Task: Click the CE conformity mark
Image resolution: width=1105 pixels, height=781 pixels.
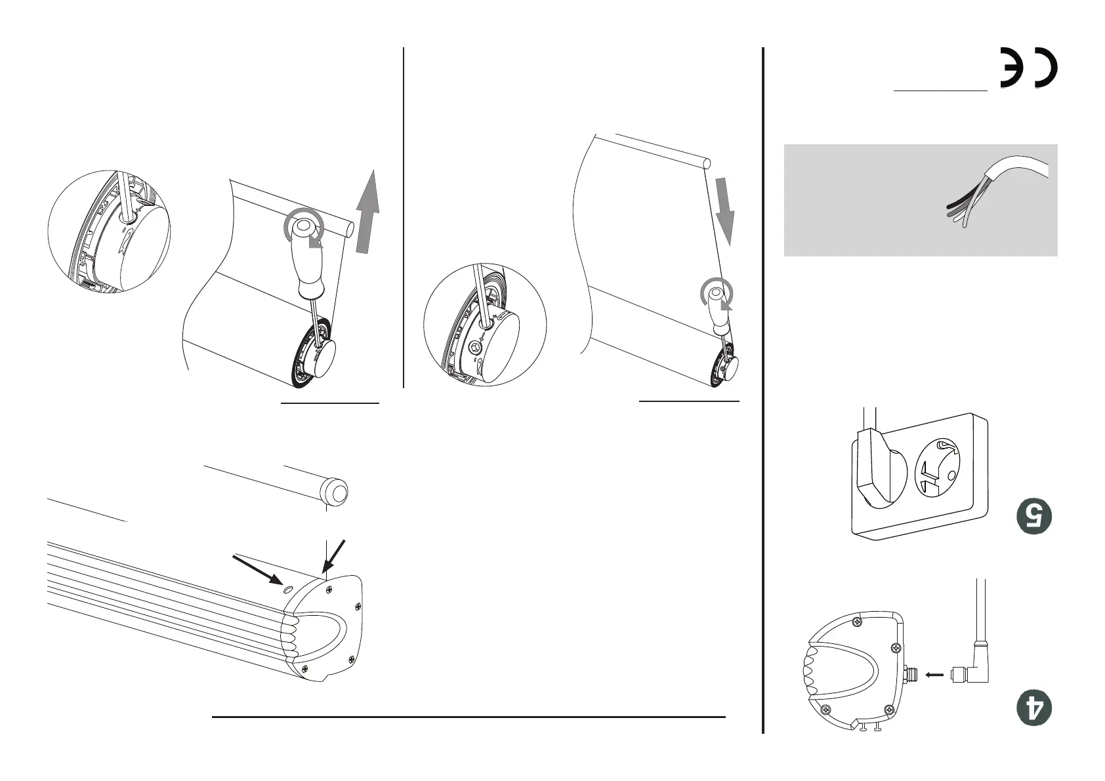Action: (x=1028, y=68)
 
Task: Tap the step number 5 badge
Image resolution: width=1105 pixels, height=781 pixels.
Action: (x=1034, y=516)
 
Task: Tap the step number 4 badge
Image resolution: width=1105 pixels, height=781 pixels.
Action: (x=1034, y=708)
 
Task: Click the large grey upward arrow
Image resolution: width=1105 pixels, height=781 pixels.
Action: (x=367, y=212)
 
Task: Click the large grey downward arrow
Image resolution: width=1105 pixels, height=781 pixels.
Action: (x=725, y=211)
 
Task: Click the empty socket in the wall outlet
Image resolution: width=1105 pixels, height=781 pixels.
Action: (x=937, y=468)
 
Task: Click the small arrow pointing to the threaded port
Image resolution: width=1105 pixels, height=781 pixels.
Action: (x=934, y=675)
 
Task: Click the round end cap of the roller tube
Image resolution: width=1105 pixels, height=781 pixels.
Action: (x=334, y=491)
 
